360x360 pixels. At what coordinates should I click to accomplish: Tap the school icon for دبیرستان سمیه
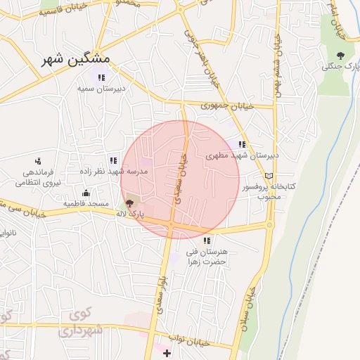click(x=101, y=77)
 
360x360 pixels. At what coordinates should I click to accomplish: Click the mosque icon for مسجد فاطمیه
click(x=86, y=193)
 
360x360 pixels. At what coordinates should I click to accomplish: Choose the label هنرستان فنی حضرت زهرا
click(x=207, y=256)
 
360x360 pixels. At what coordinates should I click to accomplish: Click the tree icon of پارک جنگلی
click(x=341, y=56)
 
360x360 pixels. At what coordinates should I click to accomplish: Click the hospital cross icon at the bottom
click(x=167, y=352)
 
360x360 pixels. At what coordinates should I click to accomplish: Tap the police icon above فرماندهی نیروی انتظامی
click(x=37, y=160)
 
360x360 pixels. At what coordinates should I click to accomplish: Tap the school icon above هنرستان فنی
click(x=207, y=240)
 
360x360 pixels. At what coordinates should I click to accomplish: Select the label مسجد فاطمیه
click(x=86, y=204)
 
